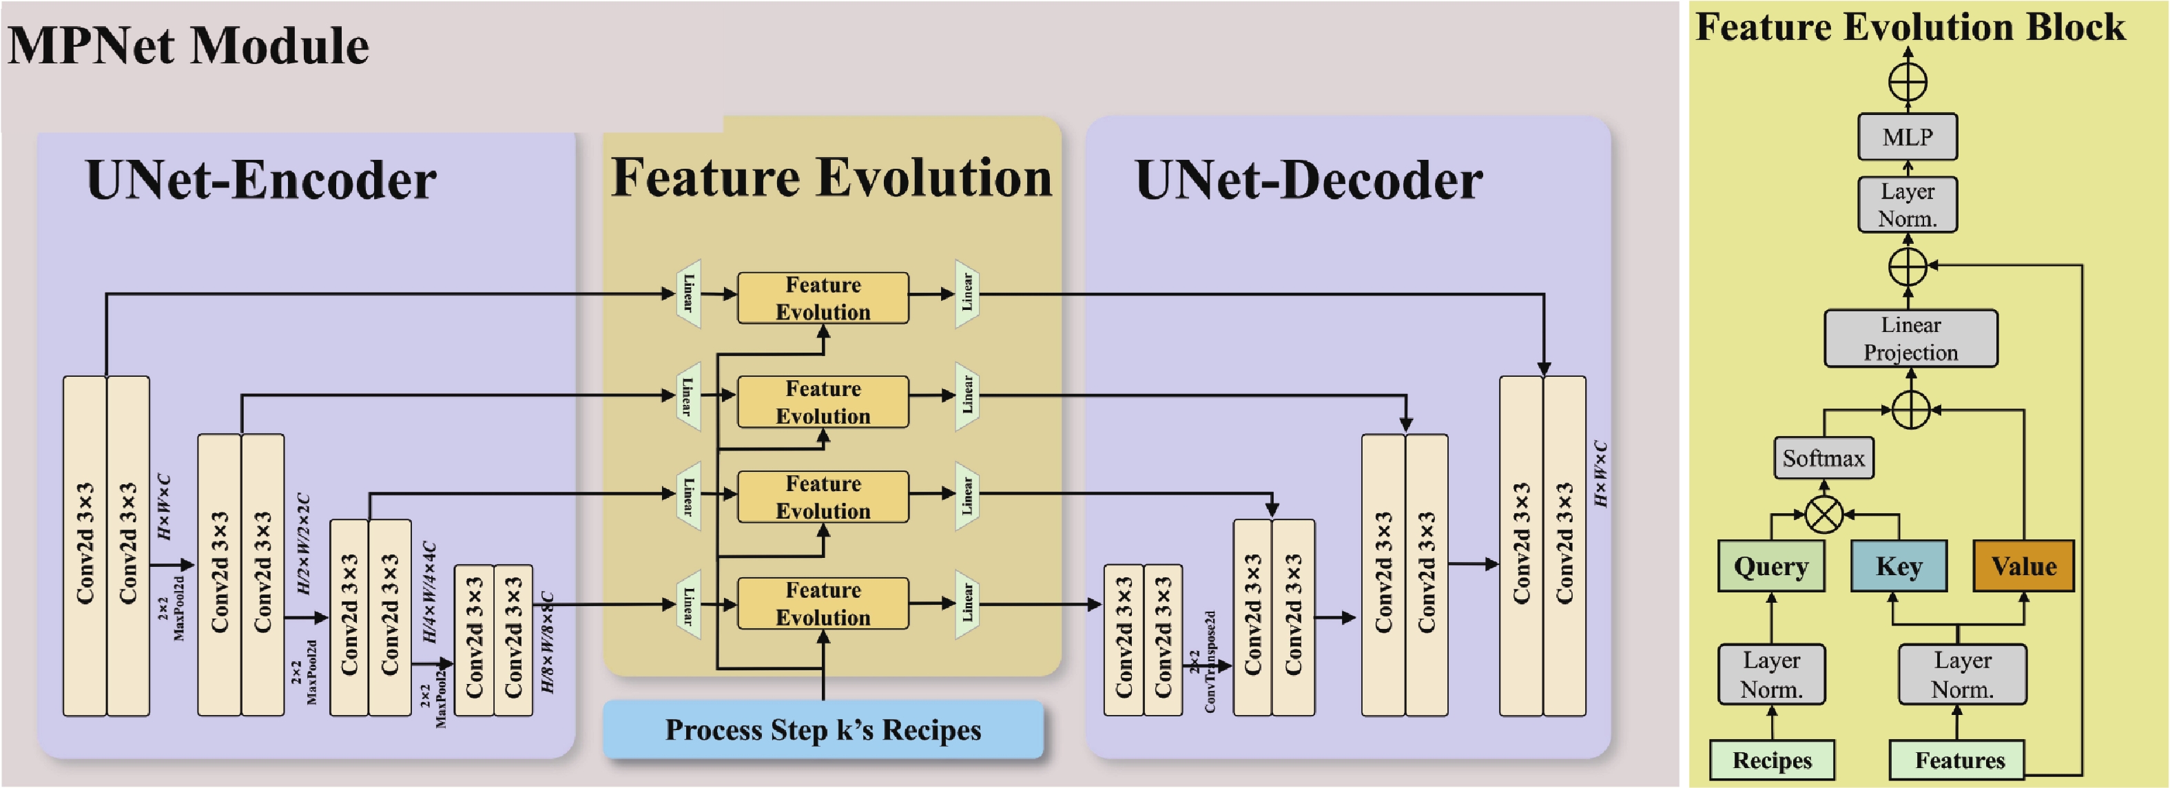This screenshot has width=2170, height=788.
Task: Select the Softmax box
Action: (x=1823, y=458)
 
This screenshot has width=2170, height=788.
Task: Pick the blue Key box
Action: (x=1899, y=567)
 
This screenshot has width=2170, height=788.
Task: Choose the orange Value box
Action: (x=2023, y=567)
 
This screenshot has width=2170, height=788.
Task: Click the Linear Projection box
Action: (x=1910, y=338)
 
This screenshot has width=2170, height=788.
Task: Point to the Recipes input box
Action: (x=1772, y=760)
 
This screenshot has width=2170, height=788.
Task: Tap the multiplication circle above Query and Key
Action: (x=1823, y=515)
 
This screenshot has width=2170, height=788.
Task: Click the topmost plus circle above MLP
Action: (x=1908, y=83)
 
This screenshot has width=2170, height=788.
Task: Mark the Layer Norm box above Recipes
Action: (x=1772, y=674)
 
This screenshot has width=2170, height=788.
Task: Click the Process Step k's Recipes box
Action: (x=823, y=729)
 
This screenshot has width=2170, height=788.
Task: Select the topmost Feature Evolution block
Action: (x=823, y=298)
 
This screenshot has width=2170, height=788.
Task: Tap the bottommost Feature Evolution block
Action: (x=823, y=603)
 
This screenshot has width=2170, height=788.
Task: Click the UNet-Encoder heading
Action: (x=261, y=180)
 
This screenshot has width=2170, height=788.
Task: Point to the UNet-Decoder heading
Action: (x=1308, y=180)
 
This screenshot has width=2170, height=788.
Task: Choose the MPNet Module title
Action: (x=188, y=45)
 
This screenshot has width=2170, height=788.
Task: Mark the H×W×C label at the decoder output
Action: (x=1600, y=474)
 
